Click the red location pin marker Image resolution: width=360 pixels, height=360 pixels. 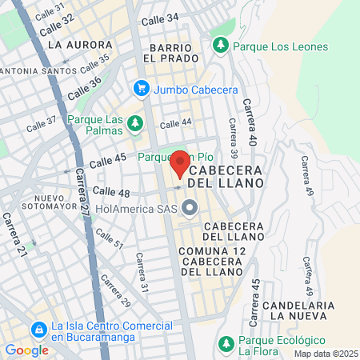click(x=180, y=163)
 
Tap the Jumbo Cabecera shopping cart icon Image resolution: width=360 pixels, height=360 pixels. click(x=142, y=88)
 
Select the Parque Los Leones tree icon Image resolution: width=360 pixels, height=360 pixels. click(x=221, y=45)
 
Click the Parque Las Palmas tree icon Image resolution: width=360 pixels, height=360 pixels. click(x=137, y=122)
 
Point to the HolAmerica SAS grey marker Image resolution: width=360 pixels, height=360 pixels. click(x=190, y=209)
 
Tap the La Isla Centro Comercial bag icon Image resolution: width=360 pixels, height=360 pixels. click(x=38, y=330)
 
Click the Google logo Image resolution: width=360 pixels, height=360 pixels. click(x=26, y=350)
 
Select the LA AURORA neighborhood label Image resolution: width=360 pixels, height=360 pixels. click(x=74, y=45)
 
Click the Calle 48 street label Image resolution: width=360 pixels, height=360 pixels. click(x=112, y=191)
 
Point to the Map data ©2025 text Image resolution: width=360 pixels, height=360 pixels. click(x=323, y=353)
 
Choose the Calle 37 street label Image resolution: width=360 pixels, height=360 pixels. click(x=42, y=124)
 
